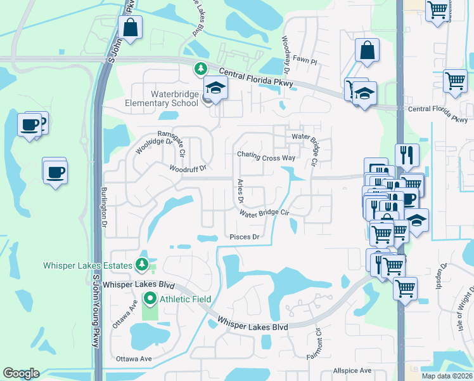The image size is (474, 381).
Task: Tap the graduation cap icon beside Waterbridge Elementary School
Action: pos(215,90)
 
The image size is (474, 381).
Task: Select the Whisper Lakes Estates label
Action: pos(87,265)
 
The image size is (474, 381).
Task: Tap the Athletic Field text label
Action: pos(184,298)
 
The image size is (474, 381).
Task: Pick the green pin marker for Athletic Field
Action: pos(150,298)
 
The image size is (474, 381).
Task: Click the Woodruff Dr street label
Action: pos(188,169)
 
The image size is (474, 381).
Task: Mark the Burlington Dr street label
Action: pos(104,207)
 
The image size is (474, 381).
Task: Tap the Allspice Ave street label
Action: pos(352,370)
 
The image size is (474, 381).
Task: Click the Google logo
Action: pos(21,373)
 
